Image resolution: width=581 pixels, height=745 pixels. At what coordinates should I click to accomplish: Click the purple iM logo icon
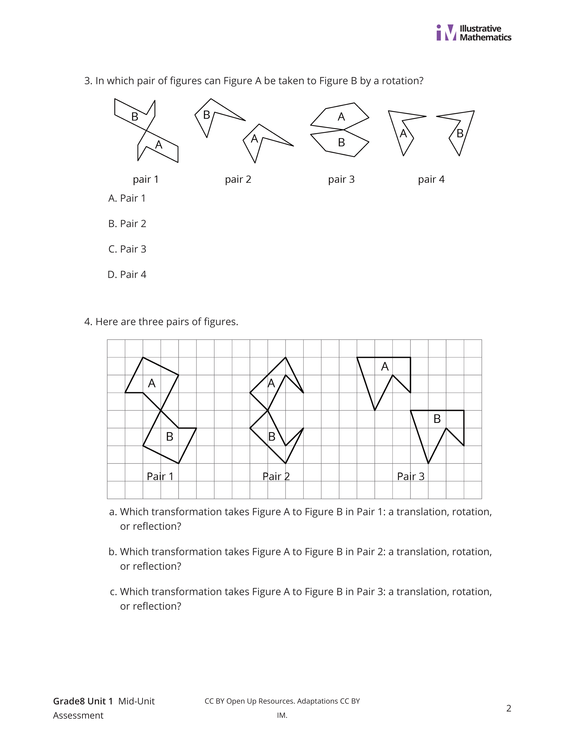point(446,33)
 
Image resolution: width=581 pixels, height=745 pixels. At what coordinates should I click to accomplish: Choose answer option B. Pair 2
point(127,224)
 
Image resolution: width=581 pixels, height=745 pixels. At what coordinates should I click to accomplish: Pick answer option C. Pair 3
point(127,249)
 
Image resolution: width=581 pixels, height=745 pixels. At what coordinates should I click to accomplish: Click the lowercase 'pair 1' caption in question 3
point(146,179)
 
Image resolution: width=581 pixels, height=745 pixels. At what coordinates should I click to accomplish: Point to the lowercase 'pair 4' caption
point(431,179)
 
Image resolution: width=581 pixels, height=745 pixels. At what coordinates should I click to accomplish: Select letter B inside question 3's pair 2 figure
point(206,115)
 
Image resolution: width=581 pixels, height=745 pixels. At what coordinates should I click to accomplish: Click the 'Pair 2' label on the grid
point(276,476)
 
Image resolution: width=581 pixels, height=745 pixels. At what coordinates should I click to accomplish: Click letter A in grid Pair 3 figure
point(385,367)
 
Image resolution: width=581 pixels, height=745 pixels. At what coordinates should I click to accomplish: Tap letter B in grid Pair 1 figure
point(169,437)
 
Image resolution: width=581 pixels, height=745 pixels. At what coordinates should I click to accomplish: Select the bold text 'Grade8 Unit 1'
point(83,701)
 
